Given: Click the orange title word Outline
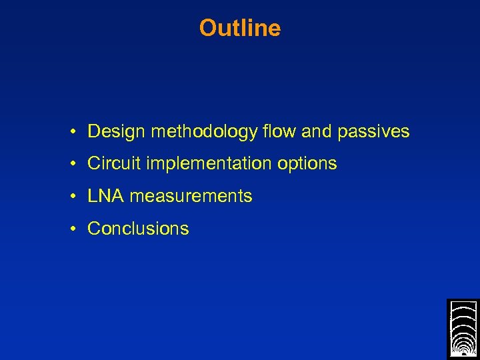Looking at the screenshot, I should [x=240, y=28].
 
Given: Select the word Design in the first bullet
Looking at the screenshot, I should [x=117, y=131].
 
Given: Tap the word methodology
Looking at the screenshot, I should [x=203, y=132].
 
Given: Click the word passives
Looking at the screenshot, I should [x=373, y=132].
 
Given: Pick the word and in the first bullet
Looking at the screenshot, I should [x=317, y=131].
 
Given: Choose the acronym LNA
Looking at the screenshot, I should [x=106, y=196].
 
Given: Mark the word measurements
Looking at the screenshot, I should [x=191, y=196].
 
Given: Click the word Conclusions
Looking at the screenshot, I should [x=138, y=229].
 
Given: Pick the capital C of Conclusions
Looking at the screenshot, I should [x=94, y=229].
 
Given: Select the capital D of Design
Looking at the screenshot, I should [x=93, y=131].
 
